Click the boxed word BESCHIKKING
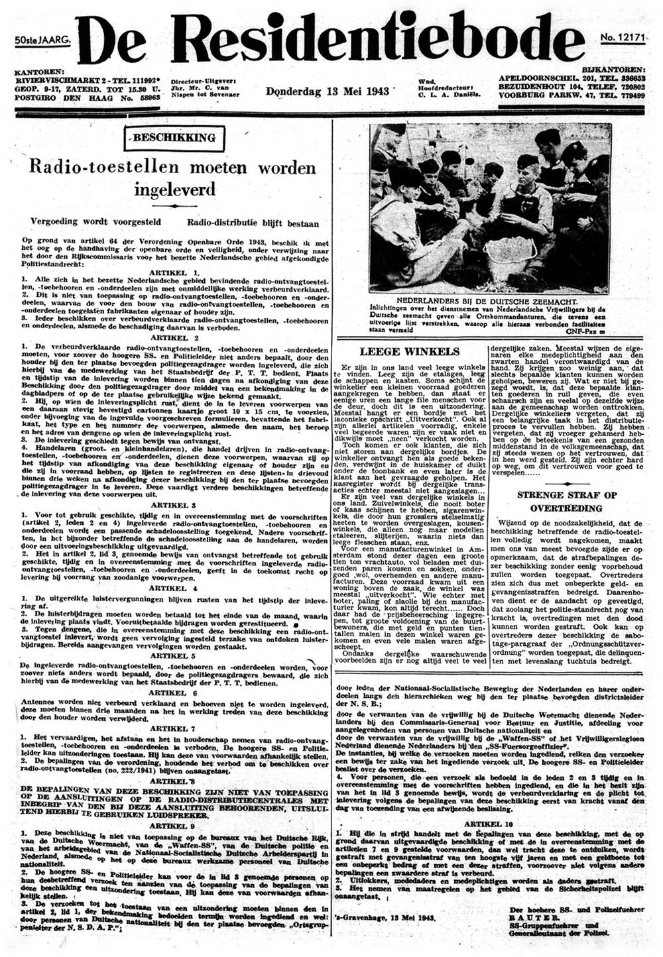pos(174,138)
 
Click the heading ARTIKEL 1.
pos(175,273)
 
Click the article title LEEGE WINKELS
pos(409,351)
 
